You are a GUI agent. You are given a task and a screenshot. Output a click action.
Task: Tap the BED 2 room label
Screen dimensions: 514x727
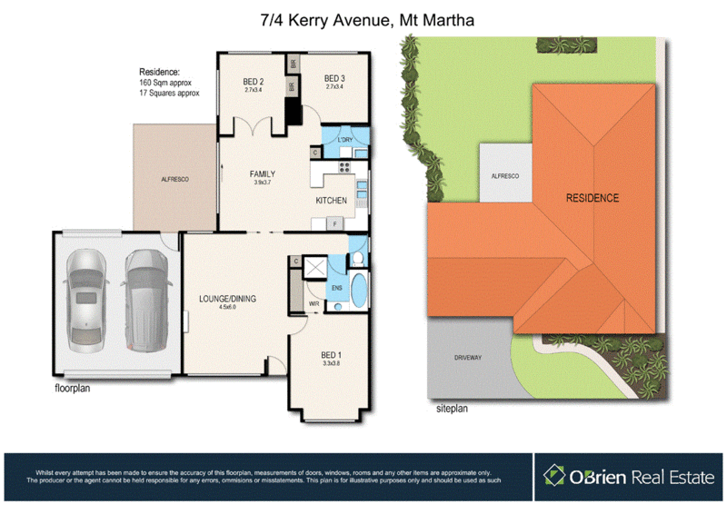pos(254,80)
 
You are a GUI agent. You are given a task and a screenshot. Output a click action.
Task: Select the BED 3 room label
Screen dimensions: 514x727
pos(334,80)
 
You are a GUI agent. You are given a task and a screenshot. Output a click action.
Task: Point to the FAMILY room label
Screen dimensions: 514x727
pos(263,173)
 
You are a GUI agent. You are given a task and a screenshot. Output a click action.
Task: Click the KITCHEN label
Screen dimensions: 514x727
pos(331,200)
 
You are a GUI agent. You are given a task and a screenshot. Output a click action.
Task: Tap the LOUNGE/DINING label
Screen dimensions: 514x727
pos(226,297)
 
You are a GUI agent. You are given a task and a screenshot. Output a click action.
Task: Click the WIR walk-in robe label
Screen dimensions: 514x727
pos(313,304)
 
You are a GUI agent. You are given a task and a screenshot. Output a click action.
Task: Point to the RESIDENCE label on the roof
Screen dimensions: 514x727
pos(592,198)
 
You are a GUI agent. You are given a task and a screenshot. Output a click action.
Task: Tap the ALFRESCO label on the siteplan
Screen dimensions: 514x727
pos(504,175)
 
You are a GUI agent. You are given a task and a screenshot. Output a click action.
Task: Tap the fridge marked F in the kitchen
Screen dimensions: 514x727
pos(335,223)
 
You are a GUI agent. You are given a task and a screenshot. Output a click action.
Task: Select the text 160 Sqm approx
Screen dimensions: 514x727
pos(168,83)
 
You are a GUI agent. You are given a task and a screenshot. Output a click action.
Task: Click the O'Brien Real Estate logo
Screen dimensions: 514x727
pos(628,475)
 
